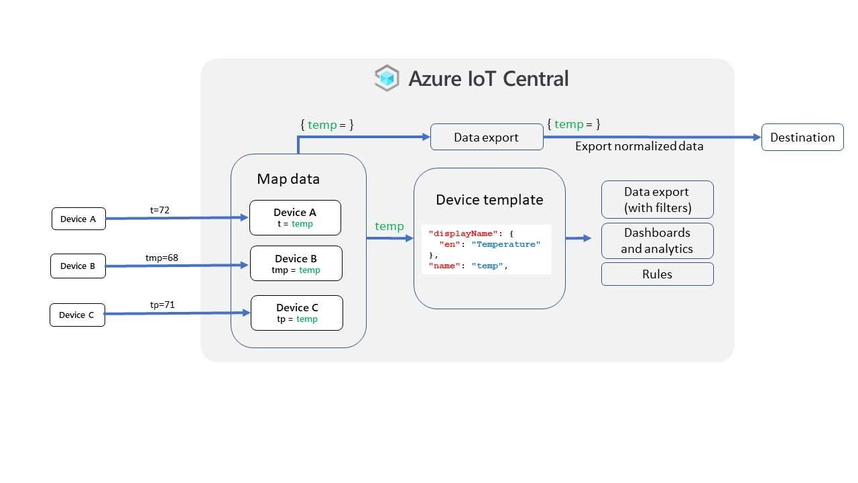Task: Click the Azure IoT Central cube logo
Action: [387, 78]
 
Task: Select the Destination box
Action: [802, 138]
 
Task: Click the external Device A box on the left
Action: [78, 219]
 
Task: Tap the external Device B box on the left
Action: [78, 266]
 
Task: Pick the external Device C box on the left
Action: [77, 315]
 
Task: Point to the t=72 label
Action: [160, 210]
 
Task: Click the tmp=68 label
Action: [162, 258]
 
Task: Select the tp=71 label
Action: [162, 305]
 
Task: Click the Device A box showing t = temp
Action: [295, 217]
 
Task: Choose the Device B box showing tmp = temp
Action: [296, 264]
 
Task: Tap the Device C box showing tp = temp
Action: [297, 313]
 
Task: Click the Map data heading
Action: [288, 179]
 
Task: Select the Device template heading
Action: [489, 199]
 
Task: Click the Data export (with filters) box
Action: [657, 199]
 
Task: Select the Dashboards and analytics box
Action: [657, 241]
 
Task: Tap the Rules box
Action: [657, 274]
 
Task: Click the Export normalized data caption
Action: [639, 146]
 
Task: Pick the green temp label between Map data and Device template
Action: [389, 226]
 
